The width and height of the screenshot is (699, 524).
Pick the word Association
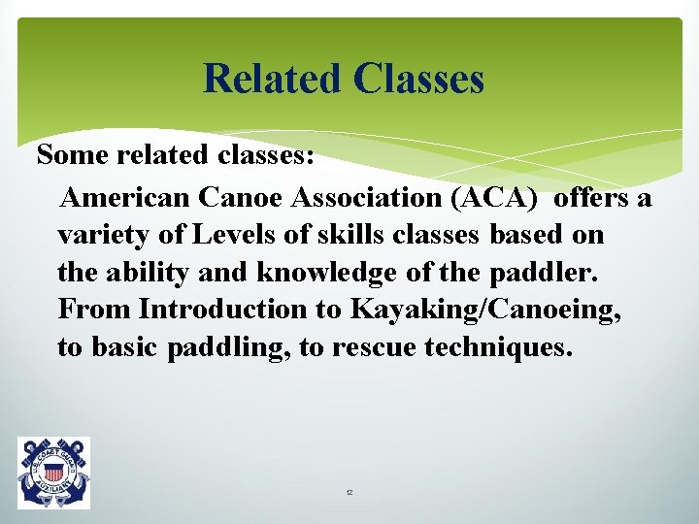coord(376,198)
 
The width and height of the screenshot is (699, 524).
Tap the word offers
coord(595,198)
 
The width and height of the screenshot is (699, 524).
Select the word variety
coord(98,236)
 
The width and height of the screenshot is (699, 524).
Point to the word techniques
coord(500,347)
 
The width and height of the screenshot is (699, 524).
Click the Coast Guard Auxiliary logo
coord(53,472)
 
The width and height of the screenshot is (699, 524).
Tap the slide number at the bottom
coord(349,493)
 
